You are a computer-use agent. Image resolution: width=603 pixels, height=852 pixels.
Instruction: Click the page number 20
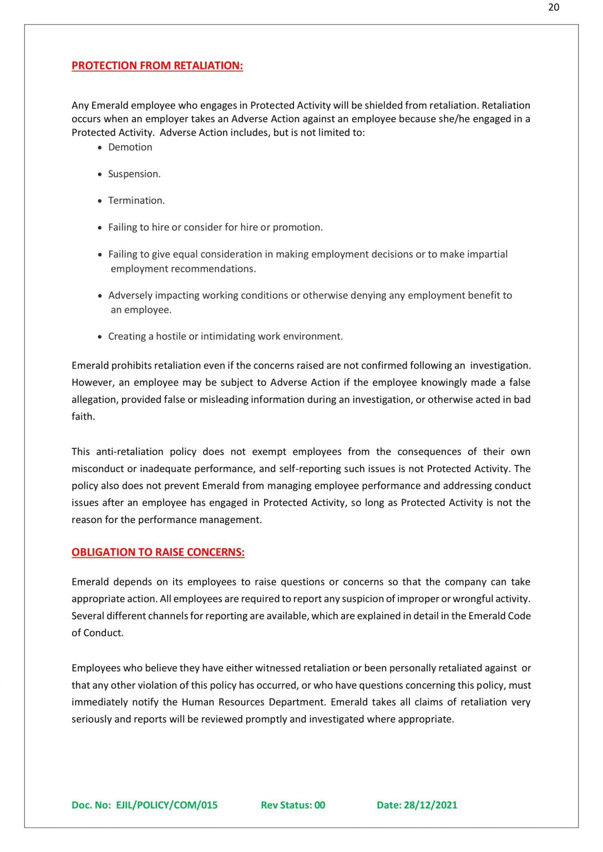click(x=553, y=7)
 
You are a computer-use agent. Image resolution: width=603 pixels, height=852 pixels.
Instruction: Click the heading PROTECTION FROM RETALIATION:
click(x=157, y=65)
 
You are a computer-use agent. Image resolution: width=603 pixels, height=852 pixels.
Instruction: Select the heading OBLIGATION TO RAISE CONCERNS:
click(x=158, y=552)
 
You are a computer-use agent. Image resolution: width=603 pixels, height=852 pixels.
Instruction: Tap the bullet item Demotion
click(x=130, y=147)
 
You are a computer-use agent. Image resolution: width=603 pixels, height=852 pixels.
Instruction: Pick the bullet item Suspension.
click(x=134, y=174)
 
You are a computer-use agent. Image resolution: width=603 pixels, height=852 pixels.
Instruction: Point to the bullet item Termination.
click(x=136, y=200)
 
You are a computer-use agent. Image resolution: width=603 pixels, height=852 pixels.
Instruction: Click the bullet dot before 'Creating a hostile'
click(x=100, y=337)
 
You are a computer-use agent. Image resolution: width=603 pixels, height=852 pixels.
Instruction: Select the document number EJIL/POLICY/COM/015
click(x=166, y=805)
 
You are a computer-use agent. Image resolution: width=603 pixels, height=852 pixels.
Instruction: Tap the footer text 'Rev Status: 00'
click(x=293, y=805)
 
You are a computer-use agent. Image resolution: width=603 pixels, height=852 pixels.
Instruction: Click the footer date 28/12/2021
click(x=430, y=805)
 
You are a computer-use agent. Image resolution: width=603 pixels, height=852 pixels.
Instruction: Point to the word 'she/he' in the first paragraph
click(x=454, y=119)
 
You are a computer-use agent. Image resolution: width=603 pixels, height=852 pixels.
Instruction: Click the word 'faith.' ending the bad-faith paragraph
click(x=83, y=416)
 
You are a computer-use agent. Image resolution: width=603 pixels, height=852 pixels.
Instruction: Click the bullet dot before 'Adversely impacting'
click(x=100, y=296)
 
